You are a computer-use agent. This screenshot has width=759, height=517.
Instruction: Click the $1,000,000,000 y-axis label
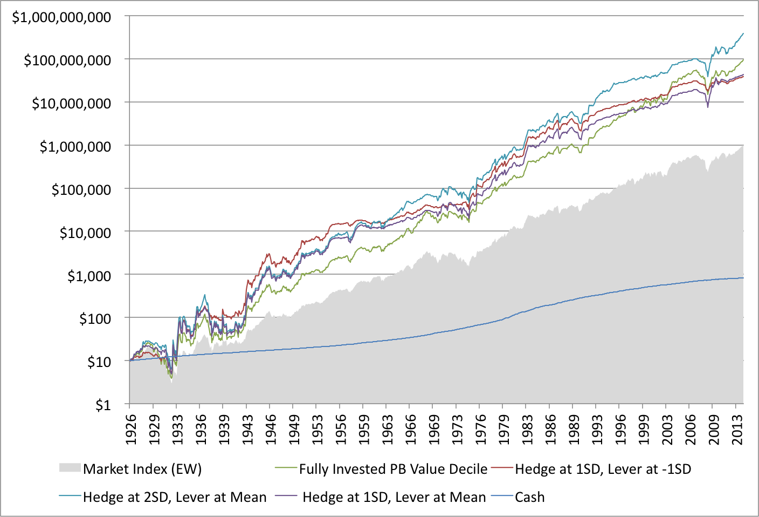point(61,17)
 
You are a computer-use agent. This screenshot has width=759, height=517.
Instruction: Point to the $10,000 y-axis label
point(85,233)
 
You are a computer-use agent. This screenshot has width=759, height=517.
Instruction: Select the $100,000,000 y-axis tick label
point(67,60)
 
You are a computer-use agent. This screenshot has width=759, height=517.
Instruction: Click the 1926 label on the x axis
point(130,430)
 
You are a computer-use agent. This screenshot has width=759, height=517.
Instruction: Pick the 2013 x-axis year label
point(737,430)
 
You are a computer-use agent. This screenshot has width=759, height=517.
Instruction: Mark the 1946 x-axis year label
point(271,430)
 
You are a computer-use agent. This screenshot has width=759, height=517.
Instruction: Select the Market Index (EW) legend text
point(142,468)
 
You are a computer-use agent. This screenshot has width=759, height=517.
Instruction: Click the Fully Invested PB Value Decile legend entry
point(393,469)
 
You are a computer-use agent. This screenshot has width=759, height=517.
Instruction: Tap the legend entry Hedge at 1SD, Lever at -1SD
point(603,469)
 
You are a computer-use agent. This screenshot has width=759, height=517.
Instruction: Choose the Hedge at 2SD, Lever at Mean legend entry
point(175,497)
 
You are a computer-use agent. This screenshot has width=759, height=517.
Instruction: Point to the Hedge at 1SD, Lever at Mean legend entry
point(394,497)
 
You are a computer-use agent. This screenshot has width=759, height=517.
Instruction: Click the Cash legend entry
point(529,497)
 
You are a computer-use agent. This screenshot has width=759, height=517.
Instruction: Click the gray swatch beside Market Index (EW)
point(70,468)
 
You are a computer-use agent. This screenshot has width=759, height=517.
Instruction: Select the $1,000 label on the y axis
point(89,276)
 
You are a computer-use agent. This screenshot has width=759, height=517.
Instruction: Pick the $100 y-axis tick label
point(95,319)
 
